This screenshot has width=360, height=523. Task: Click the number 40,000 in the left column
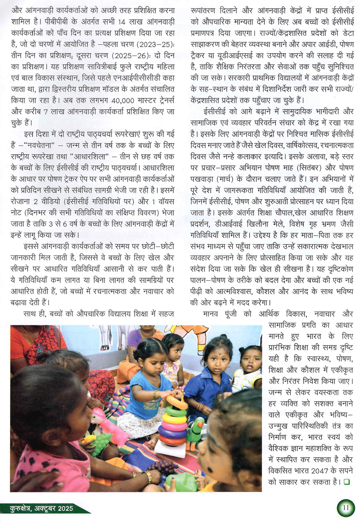tap(123, 101)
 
